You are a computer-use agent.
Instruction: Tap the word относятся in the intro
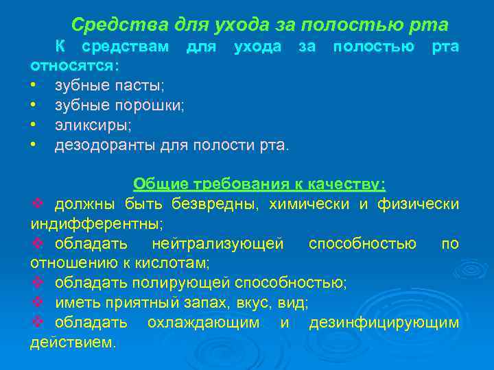(x=73, y=66)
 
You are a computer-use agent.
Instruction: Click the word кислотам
(x=180, y=263)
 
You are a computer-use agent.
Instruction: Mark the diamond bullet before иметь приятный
(x=38, y=303)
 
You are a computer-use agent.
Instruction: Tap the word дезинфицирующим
(x=384, y=323)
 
